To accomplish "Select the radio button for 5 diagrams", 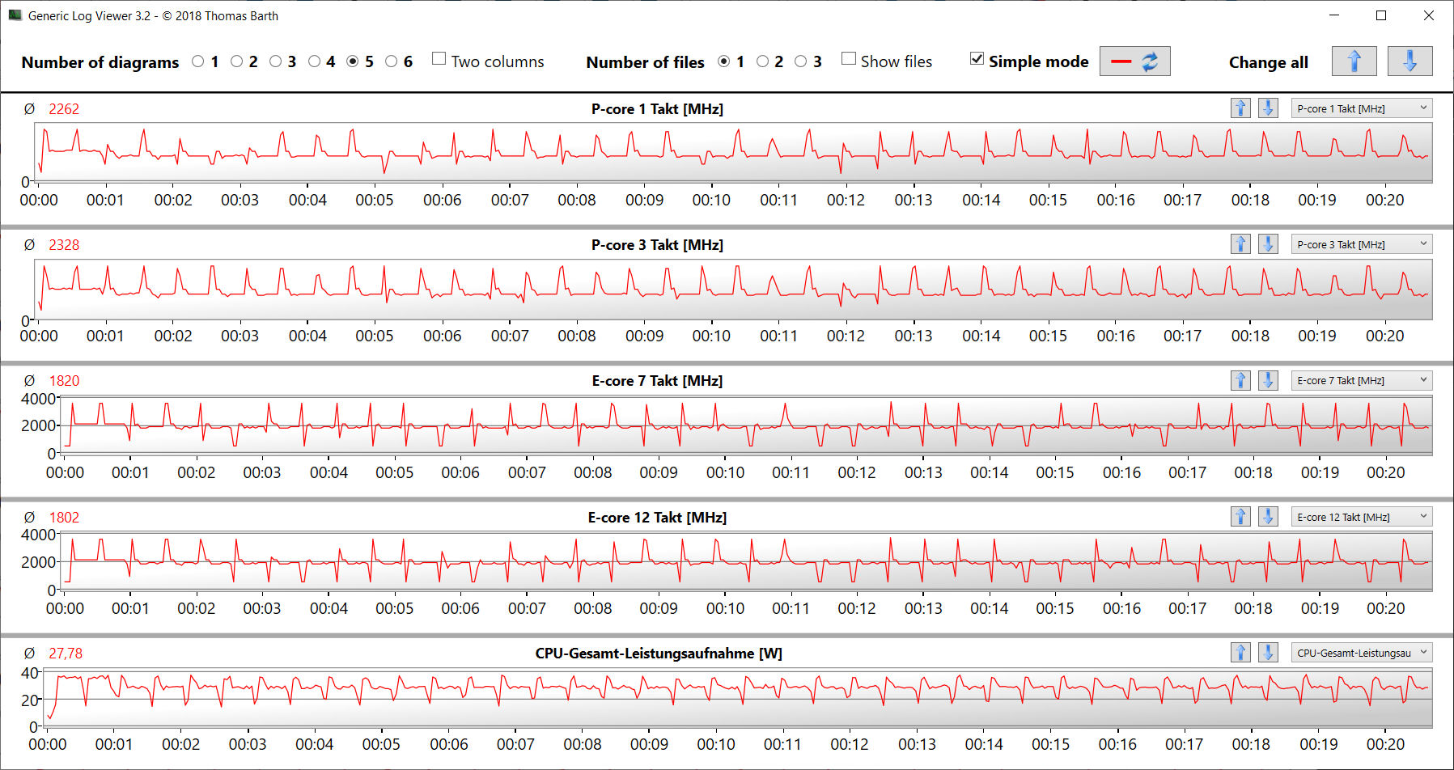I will tap(353, 61).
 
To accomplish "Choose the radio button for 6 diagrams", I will tap(392, 61).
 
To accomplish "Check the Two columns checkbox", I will tap(439, 59).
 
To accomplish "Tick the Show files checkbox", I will tap(849, 59).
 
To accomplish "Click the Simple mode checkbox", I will tap(977, 59).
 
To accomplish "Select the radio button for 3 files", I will tap(801, 61).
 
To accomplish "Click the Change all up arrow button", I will tap(1354, 61).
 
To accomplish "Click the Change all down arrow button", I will tap(1409, 61).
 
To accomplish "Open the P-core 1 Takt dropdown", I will tap(1362, 108).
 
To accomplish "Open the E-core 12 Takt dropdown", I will tap(1362, 517).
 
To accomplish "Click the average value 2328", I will tap(64, 245).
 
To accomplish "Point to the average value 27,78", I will tap(66, 654).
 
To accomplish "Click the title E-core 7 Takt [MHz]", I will tap(657, 381).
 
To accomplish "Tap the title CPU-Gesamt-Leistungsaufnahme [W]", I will tap(659, 654).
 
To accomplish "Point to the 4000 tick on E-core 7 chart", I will tap(38, 399).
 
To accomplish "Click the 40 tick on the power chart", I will tap(29, 673).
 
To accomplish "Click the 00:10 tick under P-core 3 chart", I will tap(711, 336).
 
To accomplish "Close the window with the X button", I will tap(1429, 15).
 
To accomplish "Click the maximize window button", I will tap(1381, 15).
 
